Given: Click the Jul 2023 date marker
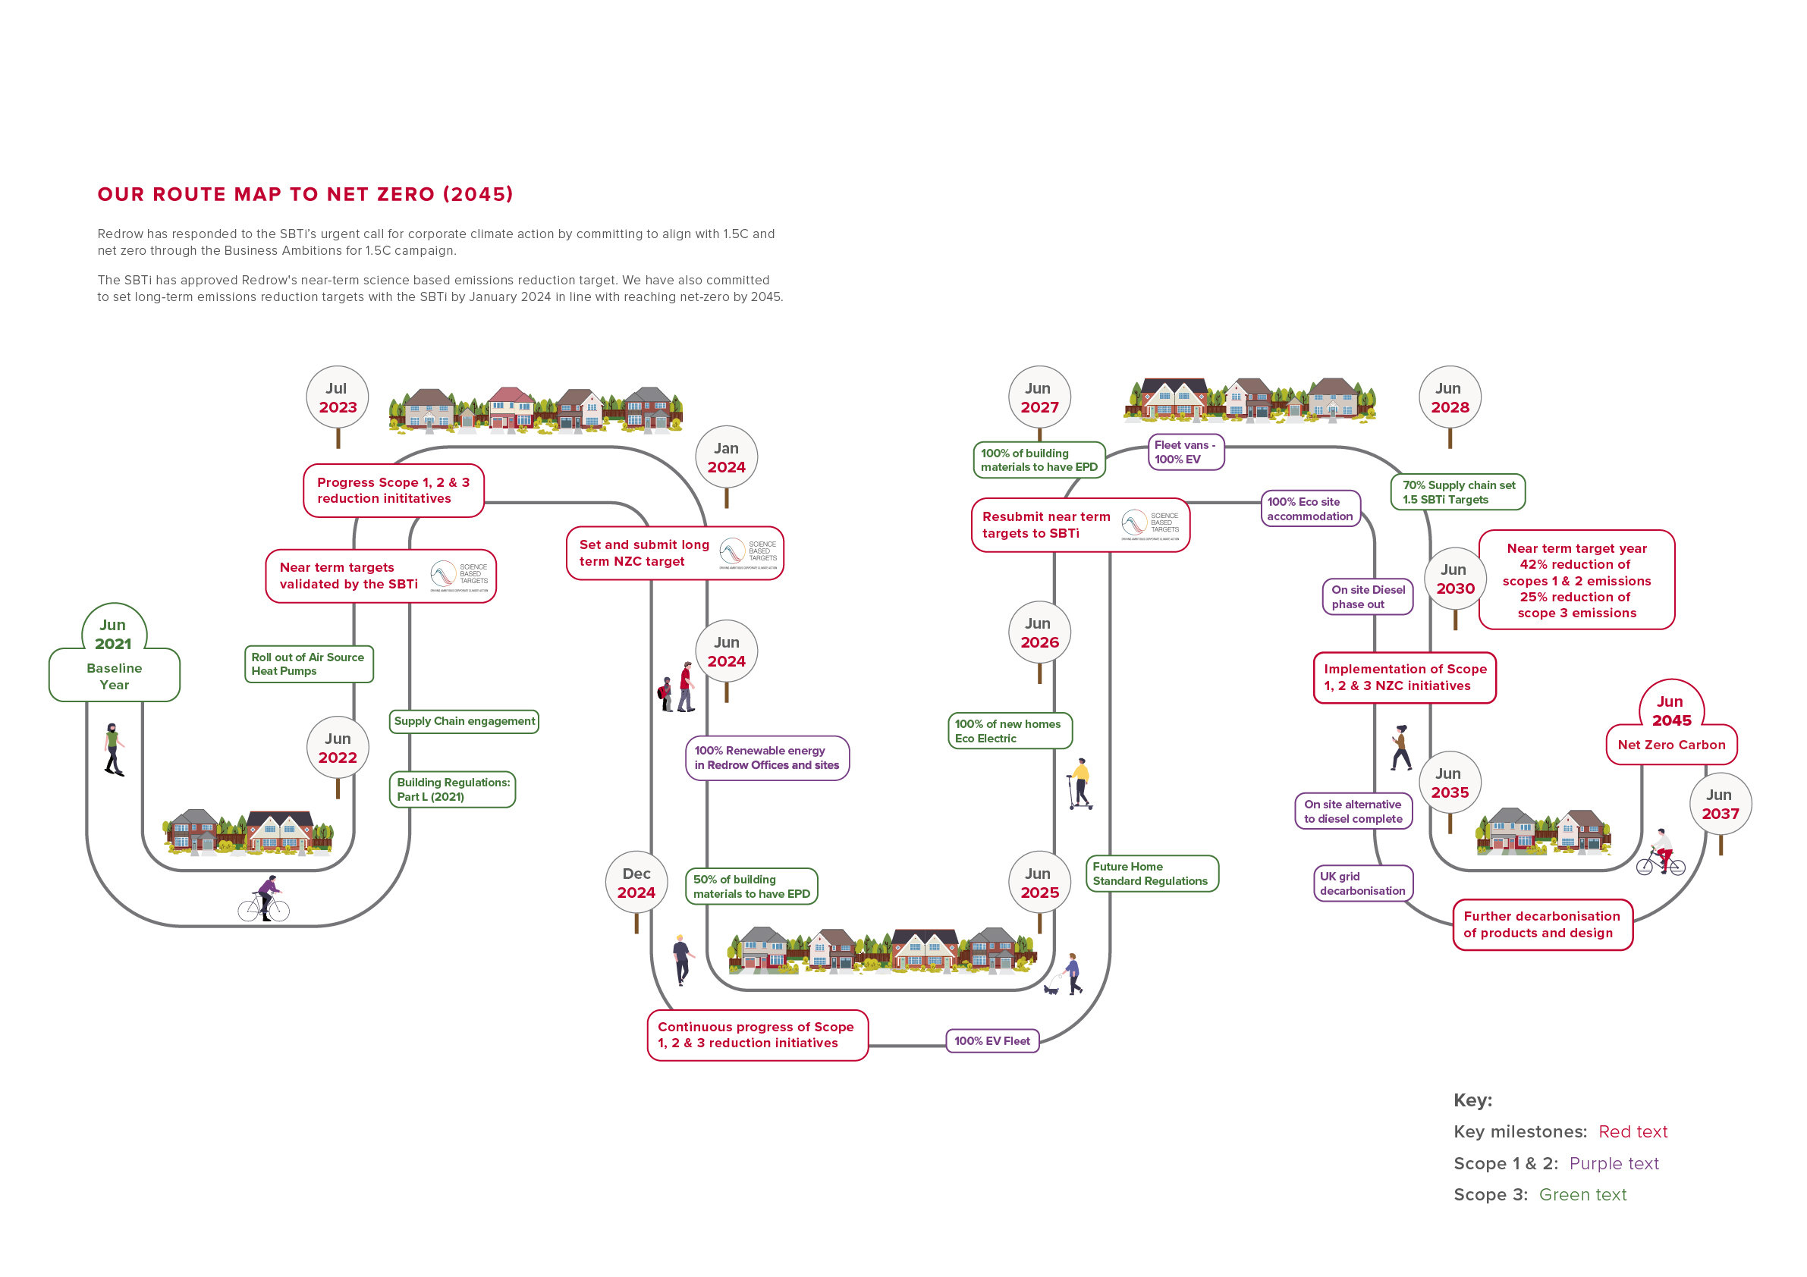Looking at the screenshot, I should tap(337, 397).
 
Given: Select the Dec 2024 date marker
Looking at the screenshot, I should tap(636, 883).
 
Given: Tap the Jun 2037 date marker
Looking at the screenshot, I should tap(1720, 804).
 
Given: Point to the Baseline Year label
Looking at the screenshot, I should tap(114, 676).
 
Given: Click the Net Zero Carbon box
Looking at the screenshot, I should tap(1671, 745).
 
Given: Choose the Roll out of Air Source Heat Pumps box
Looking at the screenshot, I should tap(308, 664).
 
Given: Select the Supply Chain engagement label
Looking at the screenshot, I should tap(464, 720).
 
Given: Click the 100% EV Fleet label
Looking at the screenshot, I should tap(991, 1040).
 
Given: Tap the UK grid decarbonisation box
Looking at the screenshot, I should tap(1362, 883).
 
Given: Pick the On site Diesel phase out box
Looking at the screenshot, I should tap(1367, 596).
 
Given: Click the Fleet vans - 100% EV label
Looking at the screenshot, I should tap(1185, 452).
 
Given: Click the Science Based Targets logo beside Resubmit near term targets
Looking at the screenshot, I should tap(1150, 524).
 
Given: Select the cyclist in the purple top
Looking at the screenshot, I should tap(266, 898).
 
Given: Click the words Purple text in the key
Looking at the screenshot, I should tap(1614, 1163).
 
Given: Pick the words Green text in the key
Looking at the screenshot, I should tap(1582, 1194).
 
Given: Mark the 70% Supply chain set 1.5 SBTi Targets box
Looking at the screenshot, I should tap(1457, 491).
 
